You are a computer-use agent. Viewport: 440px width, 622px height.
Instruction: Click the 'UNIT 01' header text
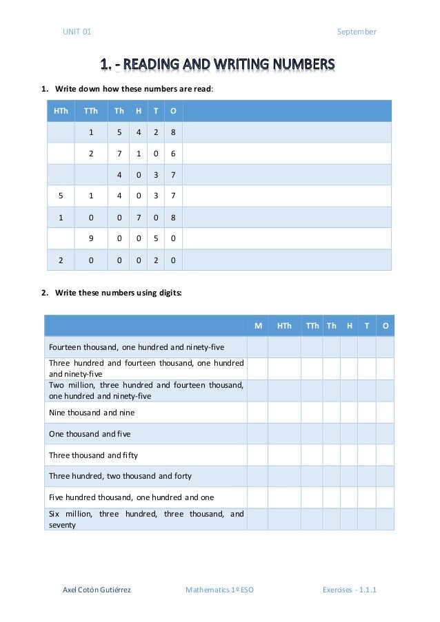(x=77, y=32)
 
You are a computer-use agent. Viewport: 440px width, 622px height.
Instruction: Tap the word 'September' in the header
(x=357, y=32)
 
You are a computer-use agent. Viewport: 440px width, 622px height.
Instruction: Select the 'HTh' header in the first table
(x=61, y=111)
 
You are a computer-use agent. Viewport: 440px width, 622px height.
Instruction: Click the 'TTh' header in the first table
(x=90, y=111)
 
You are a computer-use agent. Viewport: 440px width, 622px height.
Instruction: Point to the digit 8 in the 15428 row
(x=172, y=132)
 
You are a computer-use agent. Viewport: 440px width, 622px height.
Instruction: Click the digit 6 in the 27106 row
(x=172, y=154)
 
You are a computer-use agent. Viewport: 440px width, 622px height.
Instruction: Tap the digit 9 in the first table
(x=90, y=238)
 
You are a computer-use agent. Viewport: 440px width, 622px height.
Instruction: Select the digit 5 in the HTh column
(x=61, y=196)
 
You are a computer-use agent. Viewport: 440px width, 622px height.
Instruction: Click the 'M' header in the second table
(x=258, y=326)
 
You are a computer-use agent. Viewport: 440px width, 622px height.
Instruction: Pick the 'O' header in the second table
(x=385, y=326)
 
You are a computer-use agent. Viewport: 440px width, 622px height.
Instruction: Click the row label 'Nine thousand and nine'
(x=92, y=413)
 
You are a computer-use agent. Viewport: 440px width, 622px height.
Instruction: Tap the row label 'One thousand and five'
(x=90, y=434)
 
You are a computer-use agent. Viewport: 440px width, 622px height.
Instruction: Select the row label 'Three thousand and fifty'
(x=94, y=455)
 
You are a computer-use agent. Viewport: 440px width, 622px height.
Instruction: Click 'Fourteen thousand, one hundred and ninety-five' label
(x=137, y=347)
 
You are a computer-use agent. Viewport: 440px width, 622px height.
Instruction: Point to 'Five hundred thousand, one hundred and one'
(x=131, y=497)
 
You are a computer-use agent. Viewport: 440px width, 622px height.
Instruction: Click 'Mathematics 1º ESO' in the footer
(x=219, y=590)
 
